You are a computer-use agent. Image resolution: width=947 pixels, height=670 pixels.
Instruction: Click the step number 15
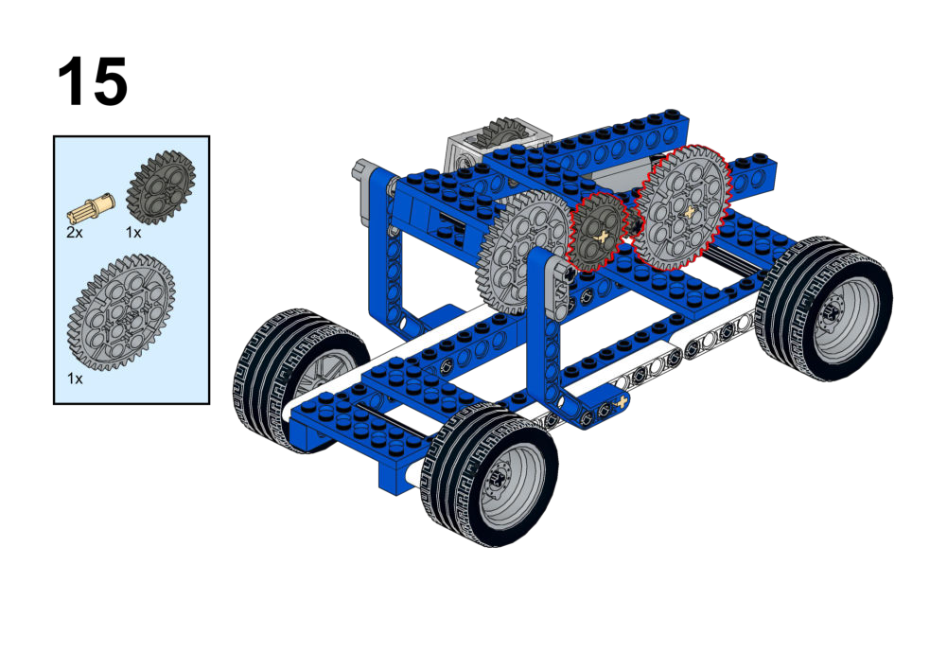coord(93,81)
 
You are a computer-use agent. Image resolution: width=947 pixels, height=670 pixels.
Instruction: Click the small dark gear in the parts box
coord(161,188)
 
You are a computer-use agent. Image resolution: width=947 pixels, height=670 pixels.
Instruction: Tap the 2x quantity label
coord(75,233)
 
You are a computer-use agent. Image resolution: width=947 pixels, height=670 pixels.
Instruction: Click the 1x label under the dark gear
coord(133,233)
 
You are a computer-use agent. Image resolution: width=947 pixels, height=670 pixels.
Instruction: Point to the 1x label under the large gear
coord(75,379)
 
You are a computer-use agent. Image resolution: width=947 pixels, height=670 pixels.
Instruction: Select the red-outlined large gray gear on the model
coord(682,207)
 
